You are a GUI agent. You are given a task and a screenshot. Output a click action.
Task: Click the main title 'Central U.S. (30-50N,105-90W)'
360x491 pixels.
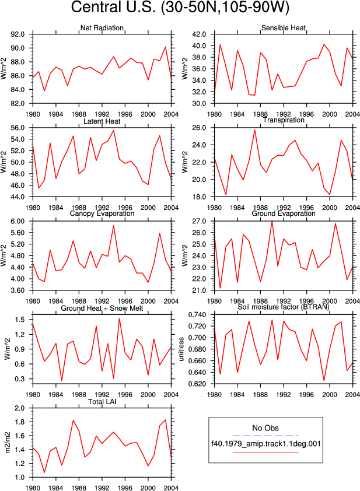pos(180,8)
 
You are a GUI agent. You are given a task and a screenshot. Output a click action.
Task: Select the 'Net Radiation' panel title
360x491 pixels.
pos(102,28)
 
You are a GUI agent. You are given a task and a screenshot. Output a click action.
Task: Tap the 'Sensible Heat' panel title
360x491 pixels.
pos(284,28)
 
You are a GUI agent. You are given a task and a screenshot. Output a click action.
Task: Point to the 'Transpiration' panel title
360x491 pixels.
pos(284,120)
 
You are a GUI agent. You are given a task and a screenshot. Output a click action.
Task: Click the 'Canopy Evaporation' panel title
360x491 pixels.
pos(102,213)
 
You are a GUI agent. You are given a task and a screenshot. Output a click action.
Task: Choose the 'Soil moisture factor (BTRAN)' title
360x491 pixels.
pos(284,307)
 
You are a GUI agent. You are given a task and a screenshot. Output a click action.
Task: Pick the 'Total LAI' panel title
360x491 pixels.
pos(102,402)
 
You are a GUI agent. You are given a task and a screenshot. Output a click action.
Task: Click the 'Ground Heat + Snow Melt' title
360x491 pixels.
pos(102,308)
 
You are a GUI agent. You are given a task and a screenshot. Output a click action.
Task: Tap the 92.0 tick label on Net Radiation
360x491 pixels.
pos(18,34)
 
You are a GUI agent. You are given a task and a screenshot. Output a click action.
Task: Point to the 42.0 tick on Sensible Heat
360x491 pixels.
pos(200,34)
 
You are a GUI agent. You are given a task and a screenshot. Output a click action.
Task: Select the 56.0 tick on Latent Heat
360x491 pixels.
pos(18,128)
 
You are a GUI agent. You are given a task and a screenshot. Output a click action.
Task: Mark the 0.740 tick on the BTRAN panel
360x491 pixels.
pos(197,315)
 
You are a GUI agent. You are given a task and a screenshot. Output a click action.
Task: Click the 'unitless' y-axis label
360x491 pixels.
pos(181,349)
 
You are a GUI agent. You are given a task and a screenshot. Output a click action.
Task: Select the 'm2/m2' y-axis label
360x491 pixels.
pos(8,443)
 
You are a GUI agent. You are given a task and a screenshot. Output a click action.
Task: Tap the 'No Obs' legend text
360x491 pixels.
pos(265,428)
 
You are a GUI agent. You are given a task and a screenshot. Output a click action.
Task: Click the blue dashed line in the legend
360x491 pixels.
pos(265,436)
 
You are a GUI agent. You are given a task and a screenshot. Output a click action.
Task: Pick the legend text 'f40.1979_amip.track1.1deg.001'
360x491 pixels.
pos(266,444)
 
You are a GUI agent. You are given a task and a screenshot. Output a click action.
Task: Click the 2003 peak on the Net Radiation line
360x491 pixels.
pos(166,47)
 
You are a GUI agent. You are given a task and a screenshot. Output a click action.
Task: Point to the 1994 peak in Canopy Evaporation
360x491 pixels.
pos(113,226)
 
